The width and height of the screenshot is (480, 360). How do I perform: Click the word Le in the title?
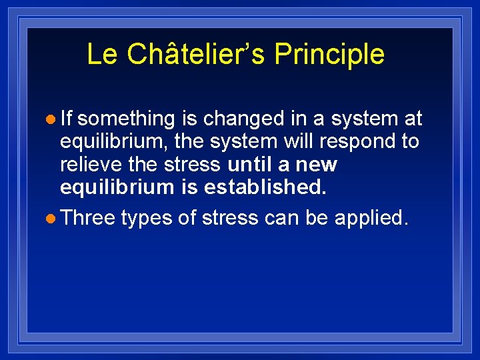(102, 55)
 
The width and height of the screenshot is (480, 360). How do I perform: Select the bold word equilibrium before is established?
(117, 187)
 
